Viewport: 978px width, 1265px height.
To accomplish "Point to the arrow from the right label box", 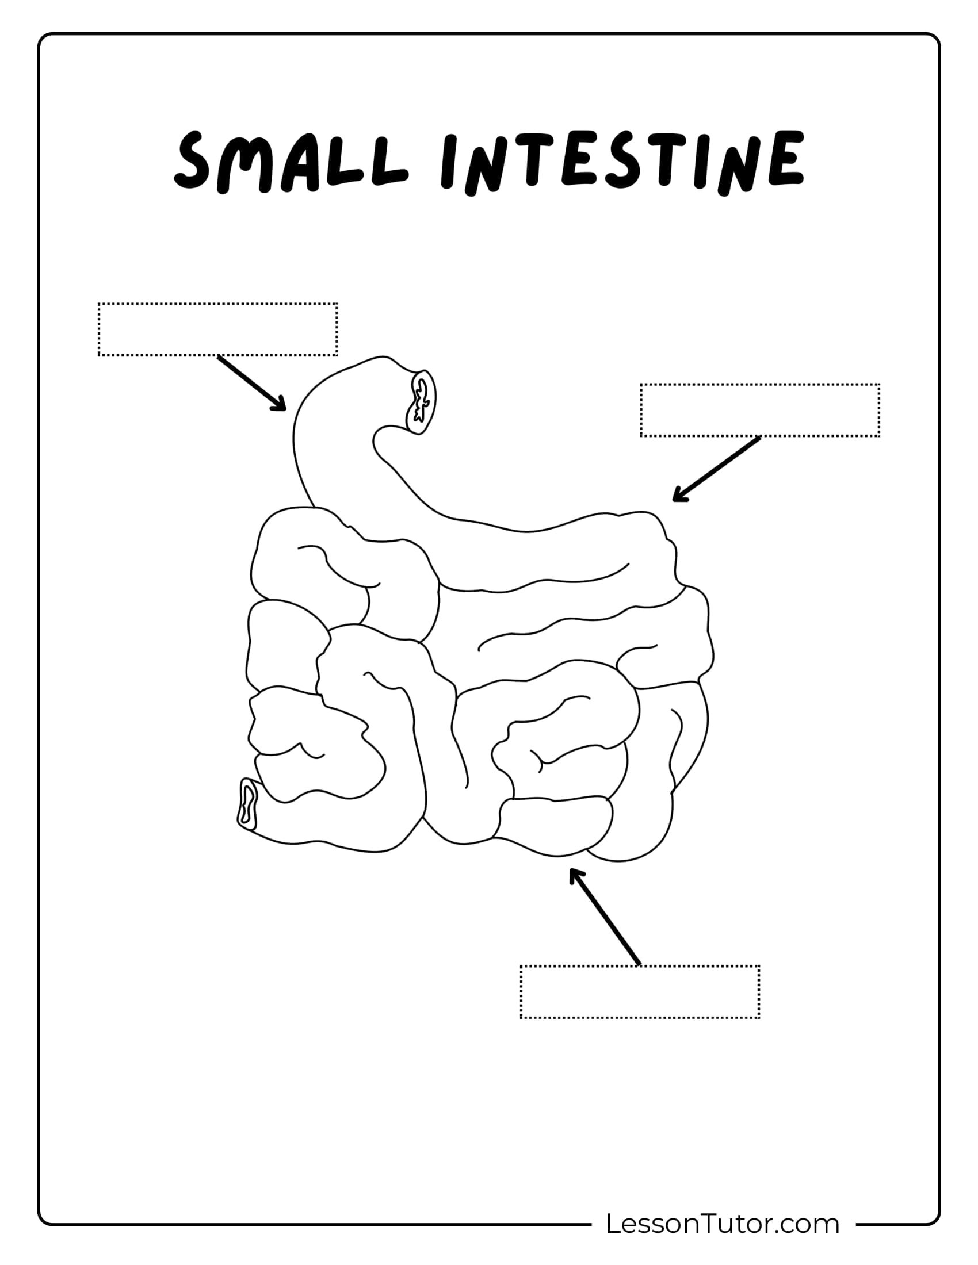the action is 716,469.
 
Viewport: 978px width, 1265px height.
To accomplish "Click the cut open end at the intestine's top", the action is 421,401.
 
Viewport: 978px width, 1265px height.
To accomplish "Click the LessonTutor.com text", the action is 723,1223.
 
